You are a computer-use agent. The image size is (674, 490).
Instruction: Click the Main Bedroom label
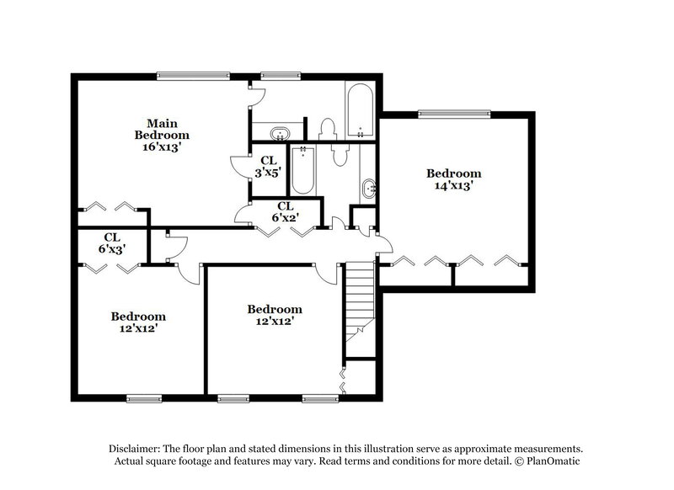[162, 128]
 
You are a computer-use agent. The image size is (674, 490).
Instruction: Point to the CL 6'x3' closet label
[111, 243]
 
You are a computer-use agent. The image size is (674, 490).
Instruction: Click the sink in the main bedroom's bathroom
[279, 134]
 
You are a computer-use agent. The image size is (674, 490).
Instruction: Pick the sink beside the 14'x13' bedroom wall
[369, 189]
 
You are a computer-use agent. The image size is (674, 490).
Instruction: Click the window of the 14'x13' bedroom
[455, 112]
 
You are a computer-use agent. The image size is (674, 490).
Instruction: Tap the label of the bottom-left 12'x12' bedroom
[138, 322]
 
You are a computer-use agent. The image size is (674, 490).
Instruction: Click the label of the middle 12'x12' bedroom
[275, 314]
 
